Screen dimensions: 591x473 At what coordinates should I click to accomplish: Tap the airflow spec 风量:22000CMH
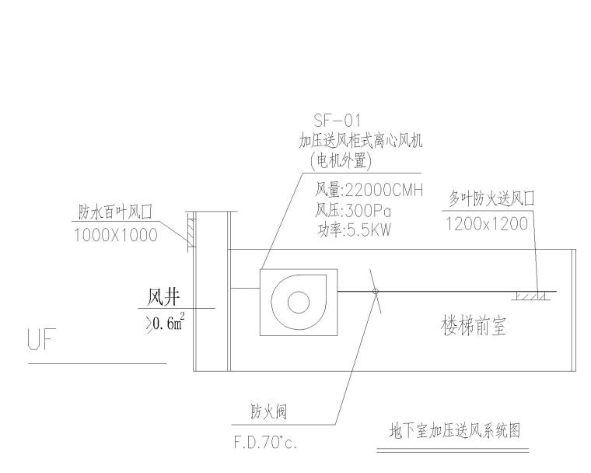[x=368, y=190]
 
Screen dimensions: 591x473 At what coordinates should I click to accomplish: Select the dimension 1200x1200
[x=488, y=223]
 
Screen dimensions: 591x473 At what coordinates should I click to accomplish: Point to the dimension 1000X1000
[x=115, y=234]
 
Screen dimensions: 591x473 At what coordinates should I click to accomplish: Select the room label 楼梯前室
[x=474, y=328]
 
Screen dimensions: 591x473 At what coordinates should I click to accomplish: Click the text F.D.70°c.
[x=266, y=443]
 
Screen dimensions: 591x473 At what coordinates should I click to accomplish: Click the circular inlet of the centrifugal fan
[x=298, y=302]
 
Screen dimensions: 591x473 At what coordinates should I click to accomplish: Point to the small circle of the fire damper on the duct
[x=376, y=292]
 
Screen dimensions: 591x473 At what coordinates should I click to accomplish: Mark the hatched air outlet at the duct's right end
[x=530, y=296]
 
